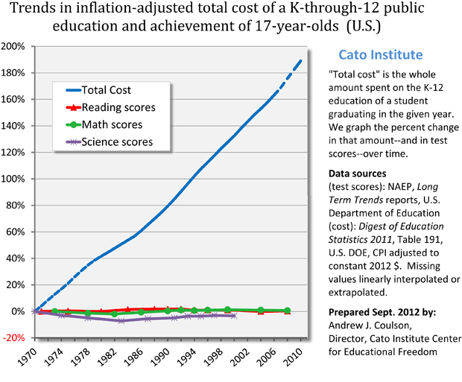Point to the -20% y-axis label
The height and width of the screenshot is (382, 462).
coord(15,337)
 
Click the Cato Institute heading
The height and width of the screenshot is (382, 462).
coord(381,55)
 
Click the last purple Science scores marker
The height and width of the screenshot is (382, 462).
coord(235,316)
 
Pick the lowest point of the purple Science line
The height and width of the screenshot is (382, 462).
coord(121,321)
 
